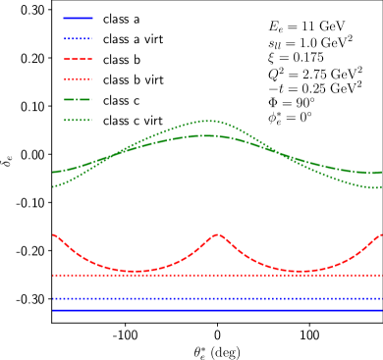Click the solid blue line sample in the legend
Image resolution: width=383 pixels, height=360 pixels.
click(x=78, y=18)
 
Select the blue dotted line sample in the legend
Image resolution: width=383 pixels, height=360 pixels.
click(x=78, y=38)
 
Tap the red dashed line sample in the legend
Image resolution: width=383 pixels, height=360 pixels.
click(x=78, y=59)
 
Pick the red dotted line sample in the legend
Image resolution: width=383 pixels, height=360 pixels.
click(x=78, y=78)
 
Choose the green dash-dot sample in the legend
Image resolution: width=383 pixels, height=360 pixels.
click(x=78, y=99)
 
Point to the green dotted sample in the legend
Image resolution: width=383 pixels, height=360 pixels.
click(x=78, y=120)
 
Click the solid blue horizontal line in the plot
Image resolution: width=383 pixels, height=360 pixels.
click(x=216, y=310)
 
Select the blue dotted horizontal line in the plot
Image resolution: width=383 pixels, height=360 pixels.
click(x=216, y=298)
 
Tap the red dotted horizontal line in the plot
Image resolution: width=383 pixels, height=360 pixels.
click(x=216, y=275)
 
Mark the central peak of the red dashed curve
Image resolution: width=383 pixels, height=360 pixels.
click(x=217, y=234)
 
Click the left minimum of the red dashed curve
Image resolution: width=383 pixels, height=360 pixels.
click(x=135, y=271)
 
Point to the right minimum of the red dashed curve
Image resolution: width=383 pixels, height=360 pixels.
click(x=300, y=271)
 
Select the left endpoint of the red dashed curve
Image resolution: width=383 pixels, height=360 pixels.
click(x=53, y=234)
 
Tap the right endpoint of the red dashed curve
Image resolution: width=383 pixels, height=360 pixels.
click(x=381, y=234)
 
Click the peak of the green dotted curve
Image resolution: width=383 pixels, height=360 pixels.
click(x=207, y=121)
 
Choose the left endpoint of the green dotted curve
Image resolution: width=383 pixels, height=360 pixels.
click(x=53, y=186)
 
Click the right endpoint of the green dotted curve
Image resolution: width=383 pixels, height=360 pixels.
click(x=381, y=187)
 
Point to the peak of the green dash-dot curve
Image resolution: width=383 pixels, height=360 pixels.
click(x=205, y=135)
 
